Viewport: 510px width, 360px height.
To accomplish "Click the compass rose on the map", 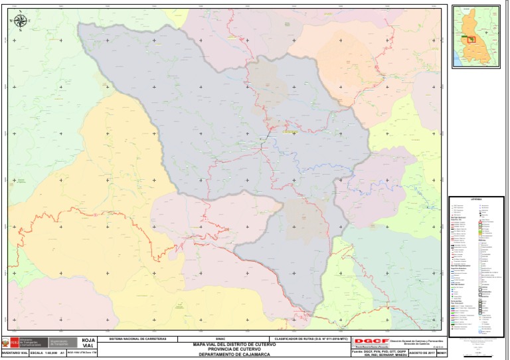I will coord(20,21).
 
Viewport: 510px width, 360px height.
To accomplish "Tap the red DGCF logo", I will coord(371,341).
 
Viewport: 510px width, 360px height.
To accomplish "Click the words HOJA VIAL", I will coord(88,343).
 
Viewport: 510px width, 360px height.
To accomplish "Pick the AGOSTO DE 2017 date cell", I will coord(422,353).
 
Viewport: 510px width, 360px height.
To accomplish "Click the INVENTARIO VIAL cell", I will coord(14,353).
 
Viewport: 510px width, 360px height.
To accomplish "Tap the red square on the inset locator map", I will coord(472,39).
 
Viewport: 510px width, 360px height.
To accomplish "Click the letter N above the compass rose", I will coord(20,12).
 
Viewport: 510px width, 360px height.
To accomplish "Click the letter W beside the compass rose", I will coord(11,21).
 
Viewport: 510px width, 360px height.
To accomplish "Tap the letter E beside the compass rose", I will coord(29,21).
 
